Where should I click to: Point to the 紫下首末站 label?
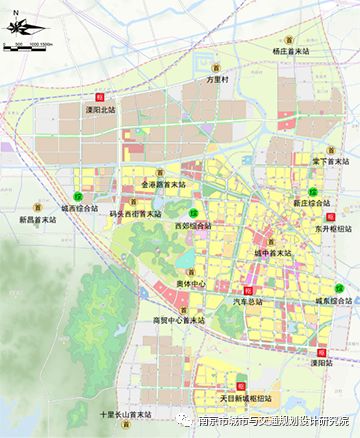tap(328, 161)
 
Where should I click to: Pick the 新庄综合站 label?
tap(313, 202)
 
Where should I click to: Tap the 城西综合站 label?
tap(79, 209)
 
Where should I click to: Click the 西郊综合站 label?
tap(192, 227)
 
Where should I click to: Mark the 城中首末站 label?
tap(273, 254)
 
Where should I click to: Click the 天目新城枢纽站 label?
tap(242, 398)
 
